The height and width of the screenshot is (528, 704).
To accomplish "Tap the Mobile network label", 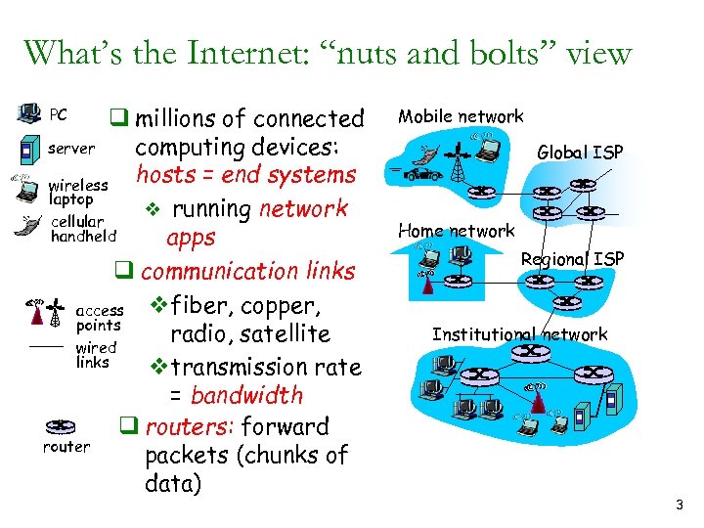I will click(x=460, y=116).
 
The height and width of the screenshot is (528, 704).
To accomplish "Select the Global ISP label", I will click(x=580, y=152).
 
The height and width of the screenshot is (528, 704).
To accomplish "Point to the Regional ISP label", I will click(x=572, y=258).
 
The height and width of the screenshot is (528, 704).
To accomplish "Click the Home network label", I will click(x=456, y=231).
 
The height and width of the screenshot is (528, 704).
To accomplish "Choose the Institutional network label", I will click(x=519, y=334).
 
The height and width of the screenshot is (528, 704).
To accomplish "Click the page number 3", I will click(x=679, y=506).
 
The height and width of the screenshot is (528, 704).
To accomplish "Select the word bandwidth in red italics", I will click(x=246, y=396).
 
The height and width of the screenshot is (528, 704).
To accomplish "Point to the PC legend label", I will click(x=58, y=115).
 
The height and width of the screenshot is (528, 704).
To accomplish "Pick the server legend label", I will click(x=71, y=149).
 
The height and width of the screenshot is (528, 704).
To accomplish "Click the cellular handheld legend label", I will click(x=83, y=229).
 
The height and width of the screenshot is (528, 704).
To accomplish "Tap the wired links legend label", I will click(x=96, y=355).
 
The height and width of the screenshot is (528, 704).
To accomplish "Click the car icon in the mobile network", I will click(x=425, y=174).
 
